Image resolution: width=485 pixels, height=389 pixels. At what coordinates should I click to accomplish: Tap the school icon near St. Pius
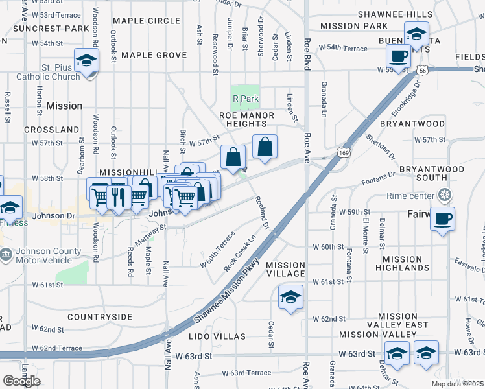coord(86,62)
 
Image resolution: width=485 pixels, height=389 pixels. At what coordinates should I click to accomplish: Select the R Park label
coord(246,99)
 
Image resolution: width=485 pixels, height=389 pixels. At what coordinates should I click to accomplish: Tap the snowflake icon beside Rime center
coord(445,194)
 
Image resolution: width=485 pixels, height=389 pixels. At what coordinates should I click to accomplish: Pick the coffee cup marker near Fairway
coord(443,219)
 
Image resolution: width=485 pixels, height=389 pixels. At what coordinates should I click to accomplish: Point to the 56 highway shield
coord(423,70)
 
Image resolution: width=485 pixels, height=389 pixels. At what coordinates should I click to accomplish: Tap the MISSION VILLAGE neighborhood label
coord(285,269)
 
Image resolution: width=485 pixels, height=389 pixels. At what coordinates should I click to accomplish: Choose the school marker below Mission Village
coord(290,298)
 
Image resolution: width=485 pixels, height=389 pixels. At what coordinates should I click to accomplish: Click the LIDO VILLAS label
coord(217,336)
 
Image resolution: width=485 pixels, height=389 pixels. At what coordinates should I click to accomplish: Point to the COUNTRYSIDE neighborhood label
coord(100,317)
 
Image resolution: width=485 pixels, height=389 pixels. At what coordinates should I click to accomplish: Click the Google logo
coord(21,381)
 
